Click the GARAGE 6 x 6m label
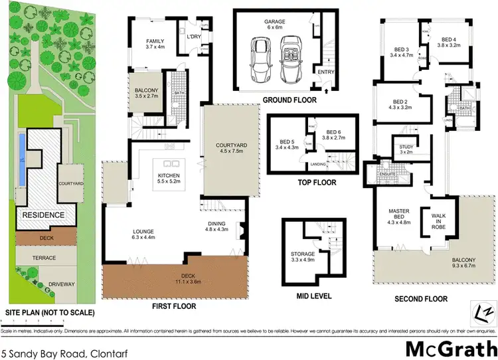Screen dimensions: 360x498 276,23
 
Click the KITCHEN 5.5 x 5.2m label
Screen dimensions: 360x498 164,177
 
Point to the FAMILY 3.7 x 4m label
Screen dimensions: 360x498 159,44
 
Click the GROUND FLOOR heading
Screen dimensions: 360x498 290,100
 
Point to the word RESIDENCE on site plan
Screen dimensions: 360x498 44,215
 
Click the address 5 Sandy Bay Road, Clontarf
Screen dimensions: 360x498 56,349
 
